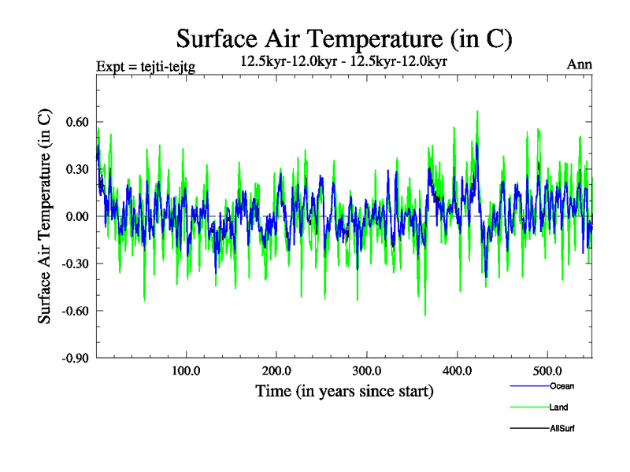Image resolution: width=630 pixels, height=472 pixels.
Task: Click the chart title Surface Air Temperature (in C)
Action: pos(345,38)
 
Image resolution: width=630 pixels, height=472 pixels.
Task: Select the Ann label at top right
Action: pos(580,65)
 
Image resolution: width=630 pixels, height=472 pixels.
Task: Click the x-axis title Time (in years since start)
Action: pos(344,391)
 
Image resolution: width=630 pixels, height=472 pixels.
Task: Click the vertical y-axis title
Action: pos(46,216)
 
